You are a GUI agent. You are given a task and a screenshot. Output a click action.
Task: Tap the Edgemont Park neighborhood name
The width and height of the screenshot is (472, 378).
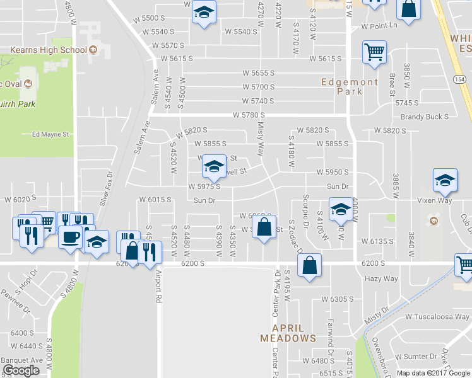point(350,86)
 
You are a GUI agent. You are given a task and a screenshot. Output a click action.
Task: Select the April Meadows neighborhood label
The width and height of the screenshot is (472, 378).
point(288,333)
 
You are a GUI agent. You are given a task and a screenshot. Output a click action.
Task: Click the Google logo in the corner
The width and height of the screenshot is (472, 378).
point(21,370)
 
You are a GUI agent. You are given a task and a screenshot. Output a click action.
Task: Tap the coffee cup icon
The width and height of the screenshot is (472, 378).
point(69,237)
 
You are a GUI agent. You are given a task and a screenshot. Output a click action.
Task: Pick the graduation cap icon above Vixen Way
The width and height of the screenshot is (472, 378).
point(445,180)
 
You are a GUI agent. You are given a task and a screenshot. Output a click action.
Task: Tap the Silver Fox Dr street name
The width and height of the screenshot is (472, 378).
point(105,190)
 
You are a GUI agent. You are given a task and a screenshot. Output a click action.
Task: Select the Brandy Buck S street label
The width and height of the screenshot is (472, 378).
point(424,117)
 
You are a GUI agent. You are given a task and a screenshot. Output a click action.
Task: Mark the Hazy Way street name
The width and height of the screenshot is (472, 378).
point(381,278)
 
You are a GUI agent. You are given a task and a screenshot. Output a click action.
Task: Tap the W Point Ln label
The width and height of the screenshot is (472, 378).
point(379,26)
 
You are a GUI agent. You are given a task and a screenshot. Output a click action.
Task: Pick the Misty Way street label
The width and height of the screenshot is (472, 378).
point(260,139)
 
